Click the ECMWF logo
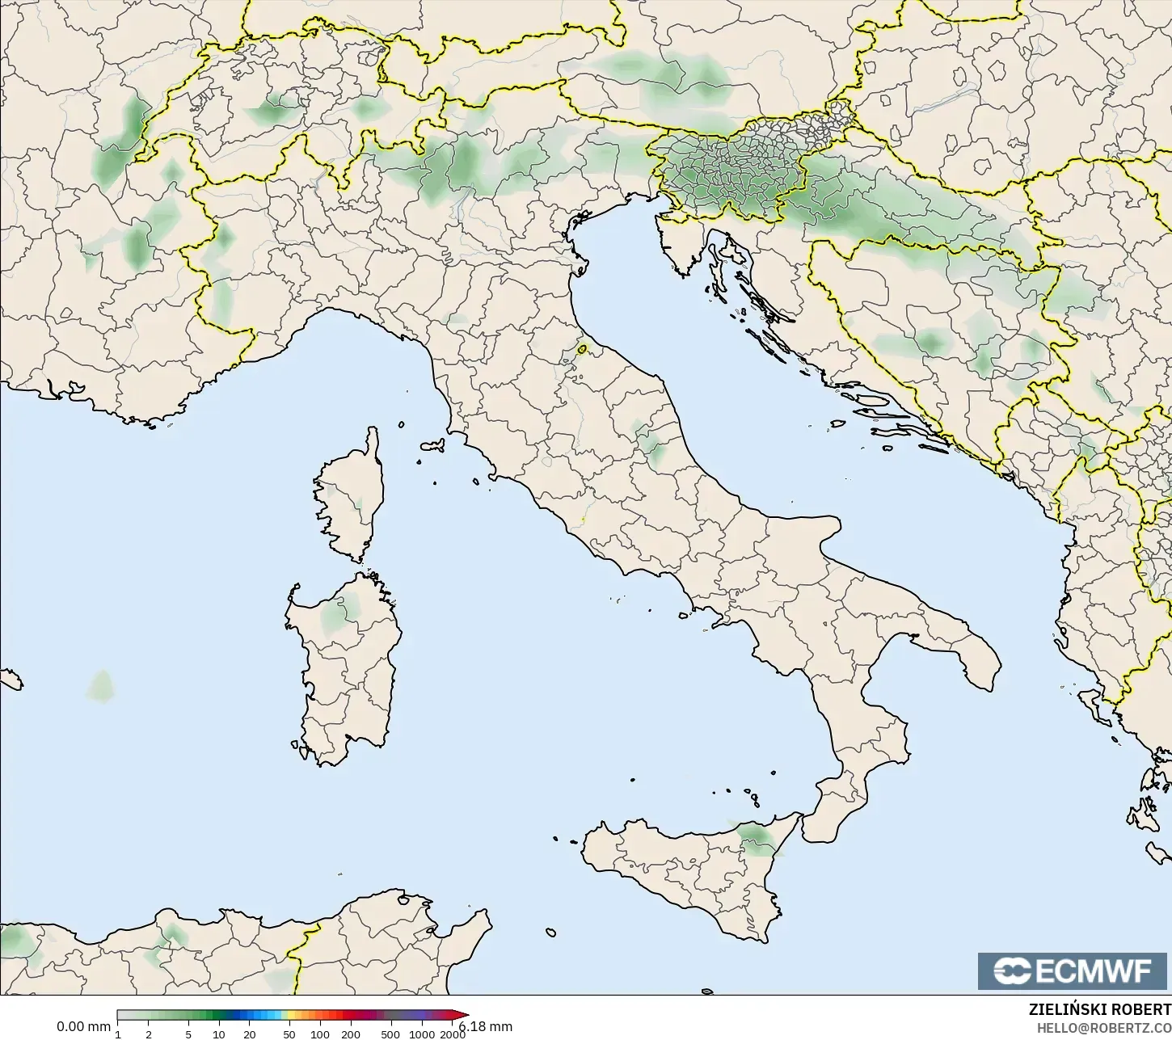(1072, 971)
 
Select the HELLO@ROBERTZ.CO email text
(1104, 1028)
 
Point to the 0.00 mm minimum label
(83, 1026)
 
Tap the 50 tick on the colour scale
(289, 1034)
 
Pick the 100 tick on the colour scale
(320, 1034)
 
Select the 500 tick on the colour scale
(390, 1034)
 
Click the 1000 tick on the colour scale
(421, 1034)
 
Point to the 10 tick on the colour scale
(218, 1034)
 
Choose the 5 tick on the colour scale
(188, 1034)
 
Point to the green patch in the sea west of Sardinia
(101, 687)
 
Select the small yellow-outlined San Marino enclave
(582, 350)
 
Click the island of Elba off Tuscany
(433, 445)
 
